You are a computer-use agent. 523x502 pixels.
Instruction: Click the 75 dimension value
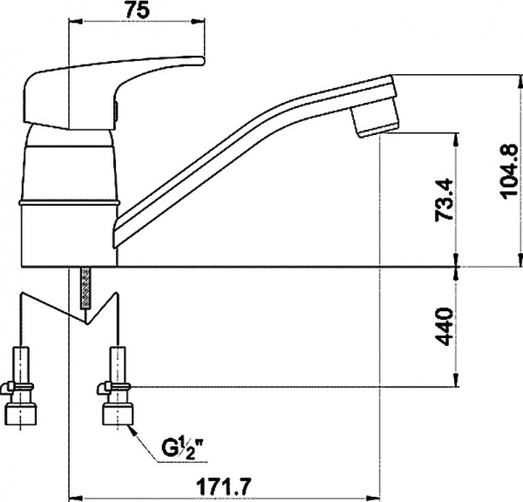137,10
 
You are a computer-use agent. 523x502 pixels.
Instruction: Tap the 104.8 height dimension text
509,171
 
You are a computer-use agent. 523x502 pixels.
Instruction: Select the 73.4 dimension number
445,200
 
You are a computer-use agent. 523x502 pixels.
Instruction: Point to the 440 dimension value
445,327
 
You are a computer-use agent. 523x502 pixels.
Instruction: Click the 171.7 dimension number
223,487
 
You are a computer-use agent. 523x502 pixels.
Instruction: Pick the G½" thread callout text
183,449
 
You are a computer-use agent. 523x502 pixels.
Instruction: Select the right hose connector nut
118,414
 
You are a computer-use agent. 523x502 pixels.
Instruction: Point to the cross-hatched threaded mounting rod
85,288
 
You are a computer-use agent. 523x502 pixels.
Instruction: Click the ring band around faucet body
69,203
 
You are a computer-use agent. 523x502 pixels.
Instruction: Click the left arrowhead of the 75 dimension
76,22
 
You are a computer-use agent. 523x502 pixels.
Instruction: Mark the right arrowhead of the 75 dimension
197,22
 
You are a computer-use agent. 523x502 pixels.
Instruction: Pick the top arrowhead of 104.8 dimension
520,82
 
